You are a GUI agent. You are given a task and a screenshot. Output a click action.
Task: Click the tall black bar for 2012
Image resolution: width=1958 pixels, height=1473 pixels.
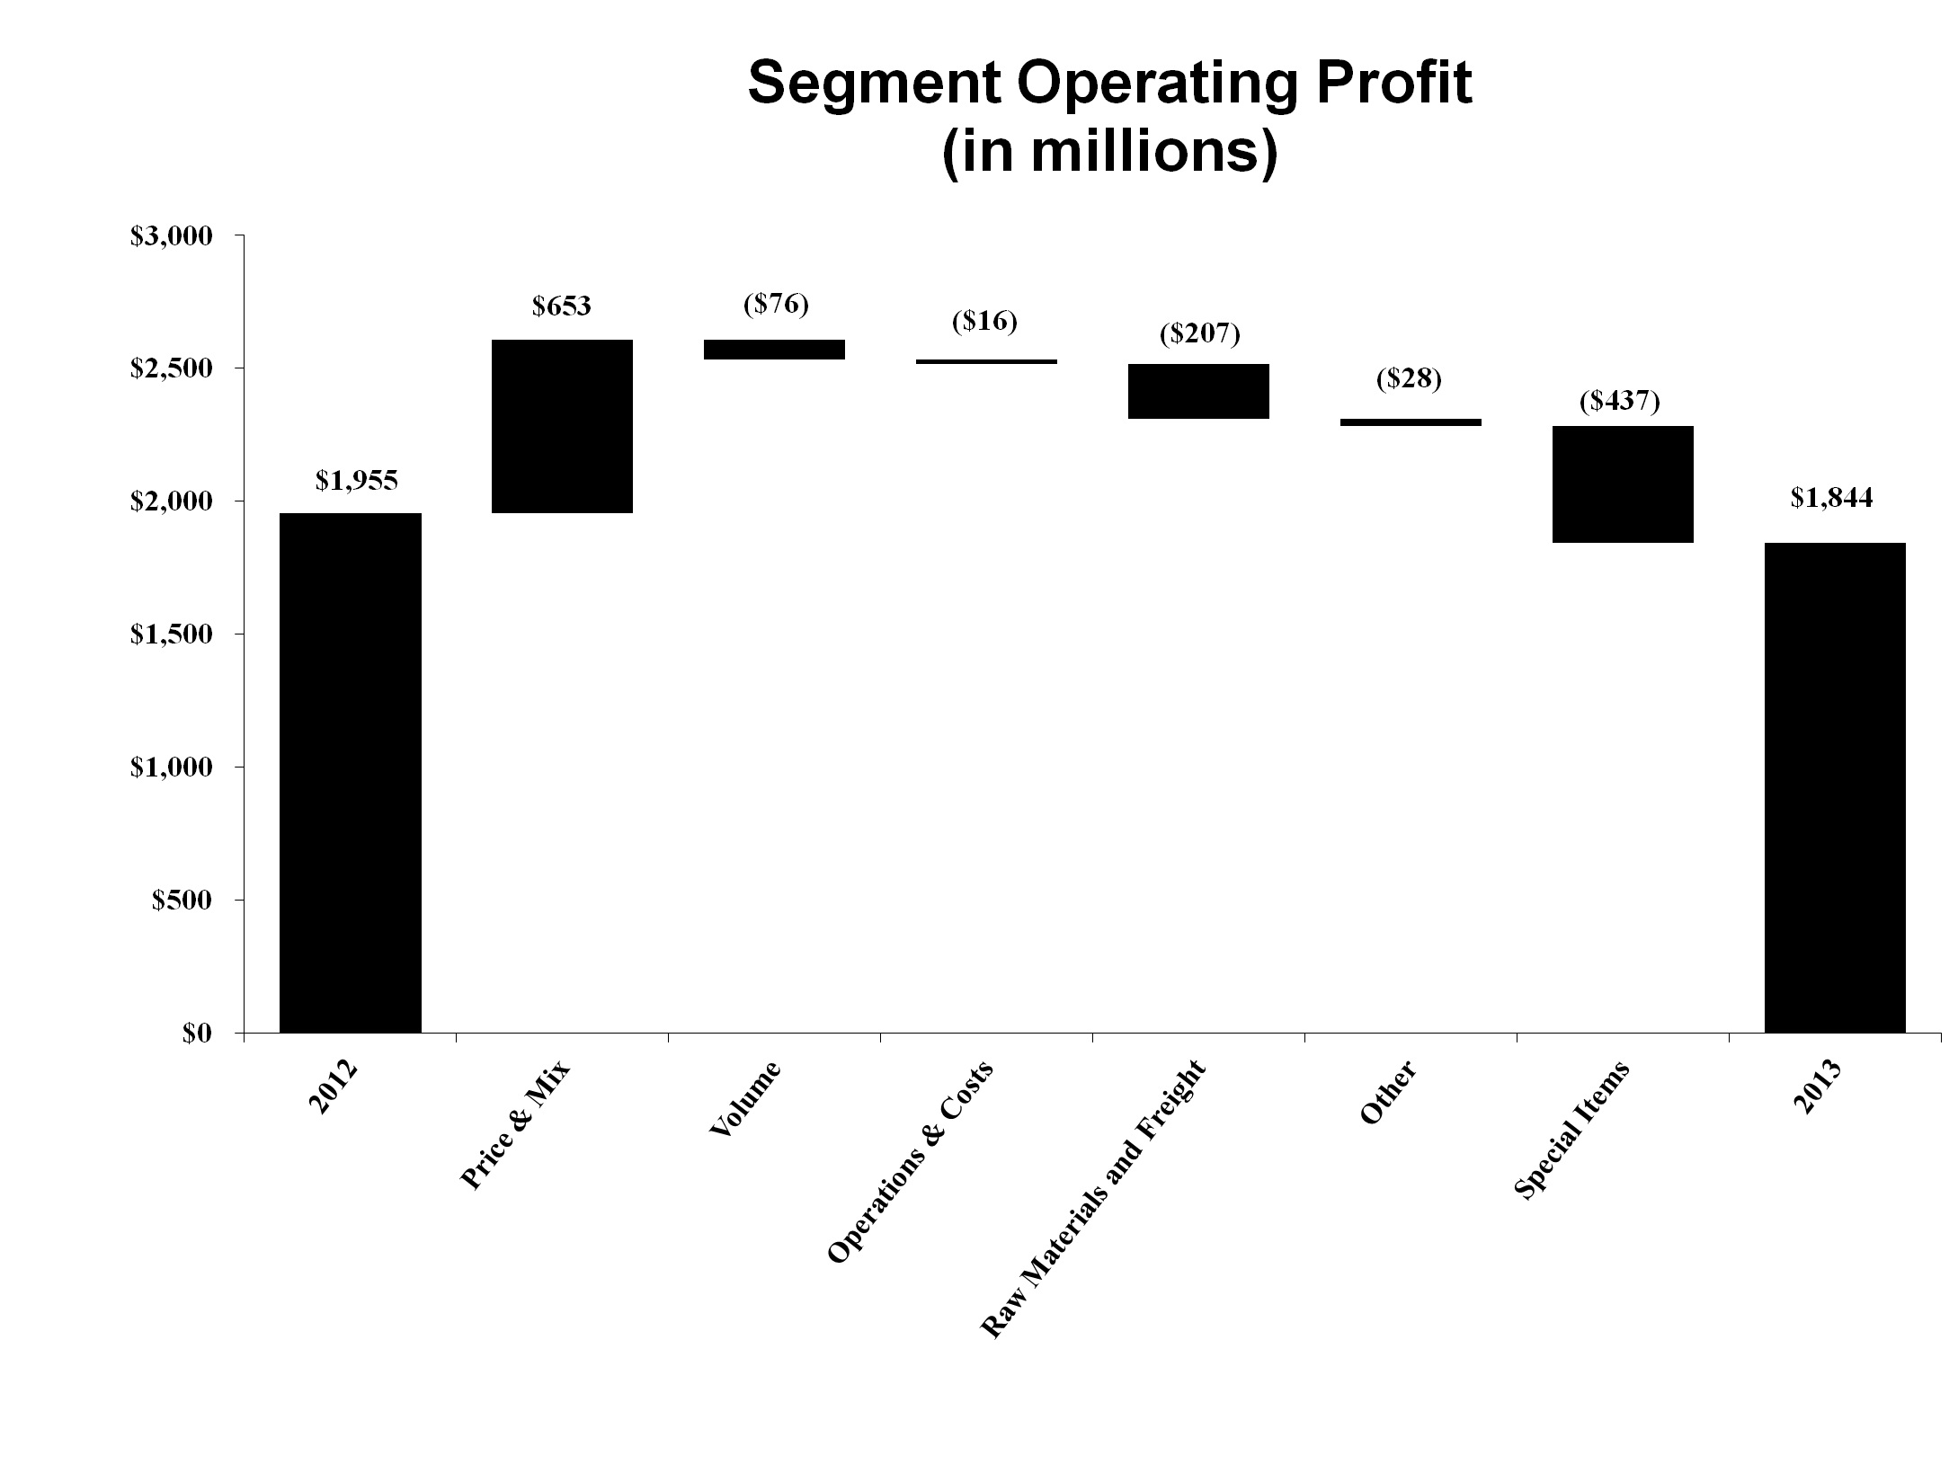pos(351,773)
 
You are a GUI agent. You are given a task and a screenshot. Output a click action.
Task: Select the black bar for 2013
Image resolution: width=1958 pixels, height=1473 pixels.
pos(1835,787)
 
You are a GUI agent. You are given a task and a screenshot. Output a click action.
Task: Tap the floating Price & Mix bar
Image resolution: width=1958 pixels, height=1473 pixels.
pos(563,426)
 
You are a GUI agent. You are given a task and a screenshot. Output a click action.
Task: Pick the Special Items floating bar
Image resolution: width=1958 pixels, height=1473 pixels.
pos(1623,484)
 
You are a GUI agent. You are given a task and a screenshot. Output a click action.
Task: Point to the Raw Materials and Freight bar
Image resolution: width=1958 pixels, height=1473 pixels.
pos(1198,391)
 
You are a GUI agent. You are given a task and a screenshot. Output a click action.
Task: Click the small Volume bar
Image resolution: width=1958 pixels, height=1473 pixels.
pos(774,350)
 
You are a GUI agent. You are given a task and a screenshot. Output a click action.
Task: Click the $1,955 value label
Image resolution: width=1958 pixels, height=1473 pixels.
pos(356,481)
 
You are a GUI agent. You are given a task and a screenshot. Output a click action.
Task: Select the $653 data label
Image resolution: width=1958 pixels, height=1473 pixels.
pos(562,306)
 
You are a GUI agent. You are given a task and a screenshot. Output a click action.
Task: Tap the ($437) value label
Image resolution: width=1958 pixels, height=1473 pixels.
pos(1620,402)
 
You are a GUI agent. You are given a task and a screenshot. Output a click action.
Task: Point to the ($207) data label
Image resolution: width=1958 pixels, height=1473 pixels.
pos(1199,334)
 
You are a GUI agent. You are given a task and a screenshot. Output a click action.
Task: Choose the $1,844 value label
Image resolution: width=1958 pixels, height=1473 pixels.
pos(1831,498)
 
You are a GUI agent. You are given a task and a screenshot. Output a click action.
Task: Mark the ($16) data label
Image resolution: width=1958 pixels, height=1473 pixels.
pos(984,322)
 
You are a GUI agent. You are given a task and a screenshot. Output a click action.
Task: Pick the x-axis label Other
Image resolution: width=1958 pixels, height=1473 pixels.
pos(1388,1093)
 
